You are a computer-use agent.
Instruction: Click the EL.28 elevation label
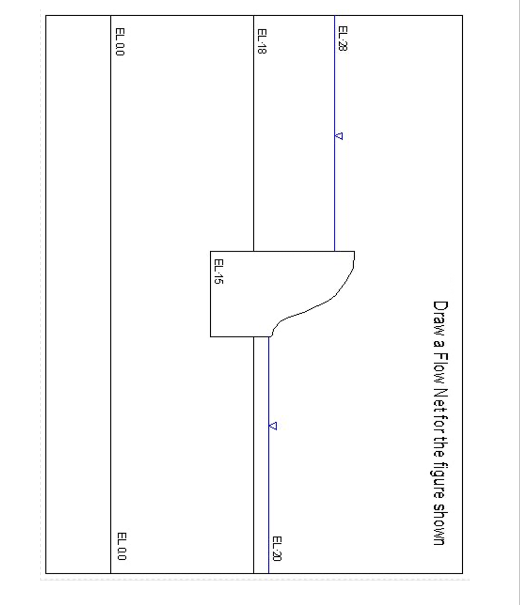342,39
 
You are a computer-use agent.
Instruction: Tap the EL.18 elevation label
262,41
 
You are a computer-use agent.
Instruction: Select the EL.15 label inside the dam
218,272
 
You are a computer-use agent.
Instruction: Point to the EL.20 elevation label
276,549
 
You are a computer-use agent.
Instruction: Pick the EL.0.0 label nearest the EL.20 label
122,546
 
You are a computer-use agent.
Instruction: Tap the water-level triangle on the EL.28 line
338,136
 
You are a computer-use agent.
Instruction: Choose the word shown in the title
440,526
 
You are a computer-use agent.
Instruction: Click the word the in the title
440,450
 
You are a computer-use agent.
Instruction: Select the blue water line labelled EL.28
335,192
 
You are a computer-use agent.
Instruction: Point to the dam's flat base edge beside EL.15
210,295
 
